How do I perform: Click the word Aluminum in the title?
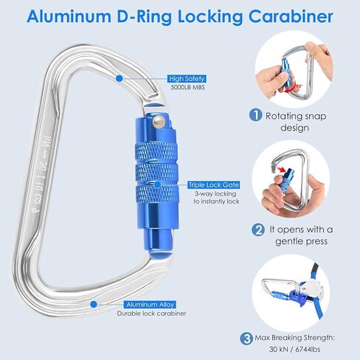pyautogui.click(x=69, y=16)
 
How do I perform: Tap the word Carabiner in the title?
pyautogui.click(x=291, y=16)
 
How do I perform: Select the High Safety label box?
pyautogui.click(x=187, y=79)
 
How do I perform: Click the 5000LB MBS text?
pyautogui.click(x=187, y=87)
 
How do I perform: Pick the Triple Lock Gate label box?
pyautogui.click(x=214, y=185)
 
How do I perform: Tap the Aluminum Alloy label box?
pyautogui.click(x=150, y=305)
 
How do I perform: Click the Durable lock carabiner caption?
pyautogui.click(x=151, y=314)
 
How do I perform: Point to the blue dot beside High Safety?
pyautogui.click(x=120, y=78)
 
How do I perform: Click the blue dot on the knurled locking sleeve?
pyautogui.click(x=158, y=184)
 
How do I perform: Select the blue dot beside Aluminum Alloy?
pyautogui.click(x=94, y=304)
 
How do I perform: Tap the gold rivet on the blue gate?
pyautogui.click(x=159, y=121)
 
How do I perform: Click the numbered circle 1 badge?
pyautogui.click(x=256, y=115)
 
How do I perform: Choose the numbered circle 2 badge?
pyautogui.click(x=258, y=230)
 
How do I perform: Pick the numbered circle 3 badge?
pyautogui.click(x=246, y=339)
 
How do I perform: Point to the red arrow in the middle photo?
pyautogui.click(x=281, y=169)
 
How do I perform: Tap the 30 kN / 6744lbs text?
pyautogui.click(x=294, y=349)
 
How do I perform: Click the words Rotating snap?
pyautogui.click(x=296, y=116)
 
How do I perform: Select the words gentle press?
pyautogui.click(x=302, y=241)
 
